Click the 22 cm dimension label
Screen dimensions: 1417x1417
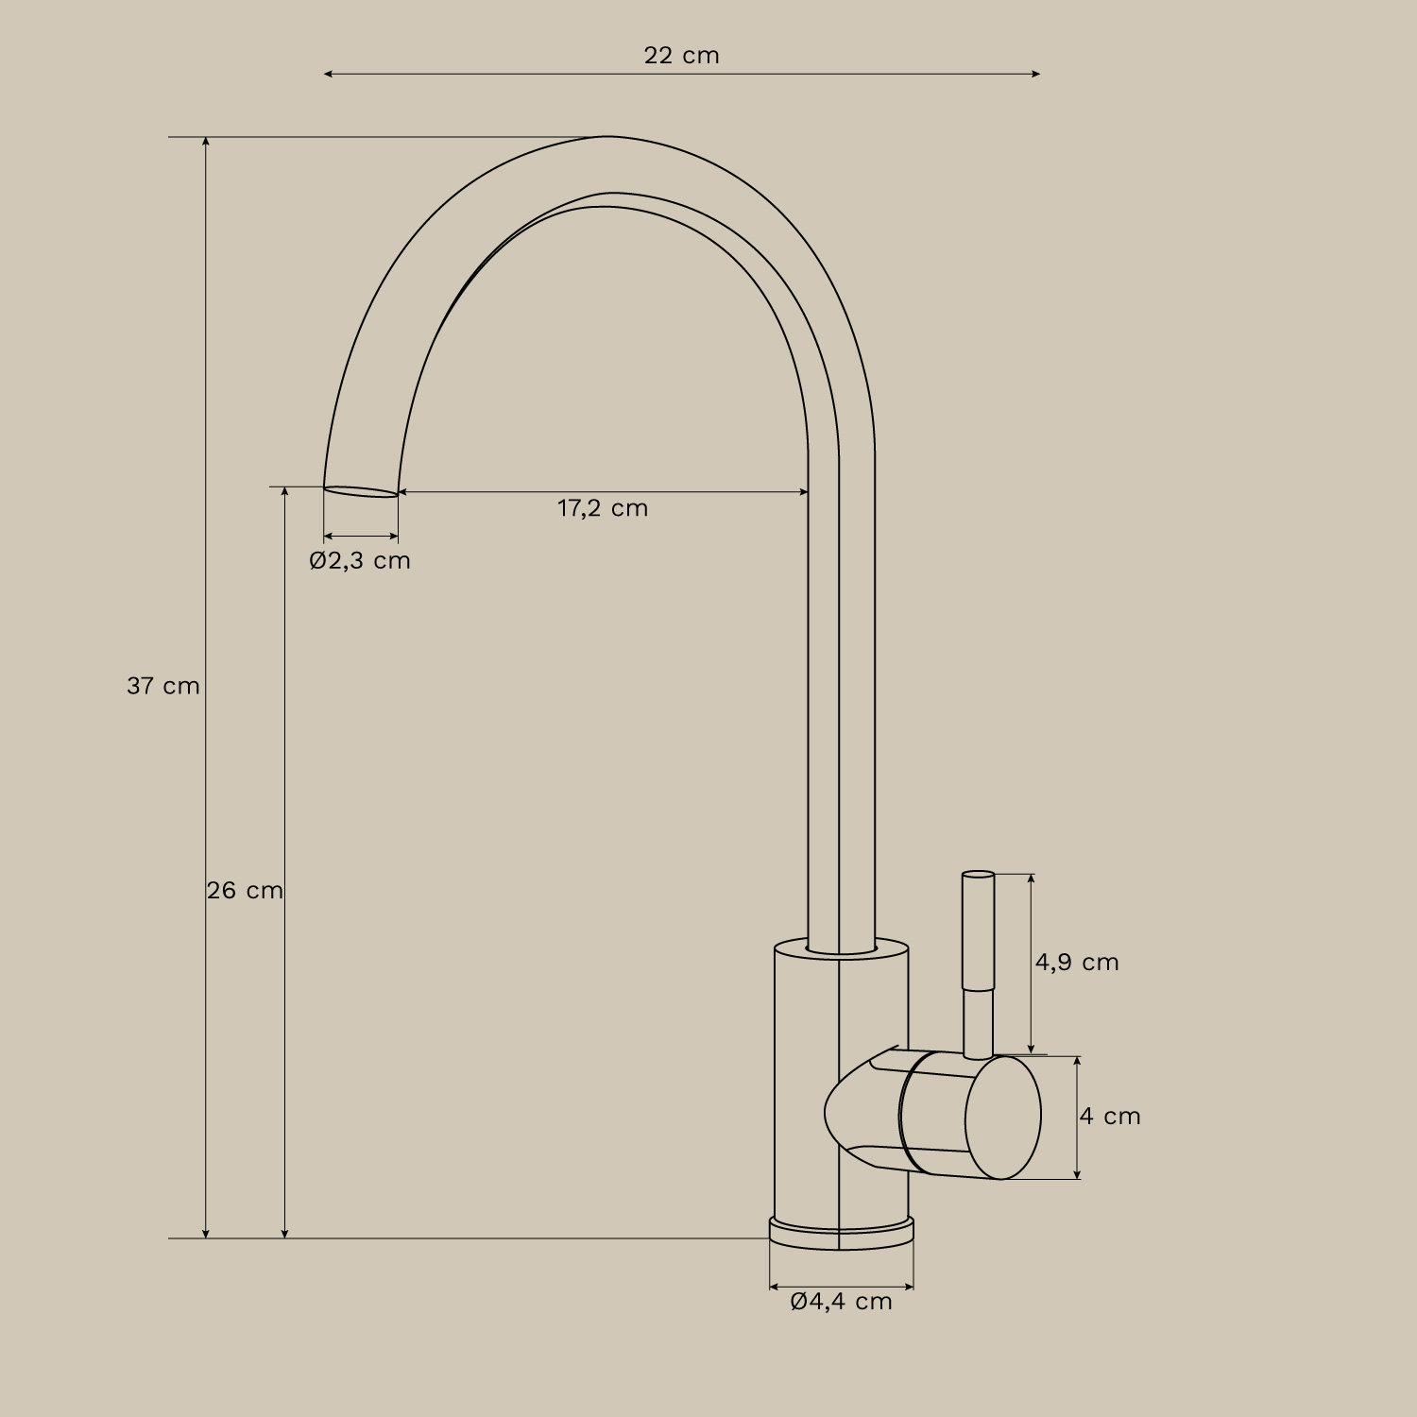click(681, 56)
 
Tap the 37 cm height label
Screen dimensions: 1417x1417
click(163, 686)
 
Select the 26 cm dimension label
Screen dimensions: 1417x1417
click(245, 891)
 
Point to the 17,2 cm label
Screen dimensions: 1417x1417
click(603, 508)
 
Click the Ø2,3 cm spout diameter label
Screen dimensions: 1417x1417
click(360, 560)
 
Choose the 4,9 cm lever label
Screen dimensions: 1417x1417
click(1077, 963)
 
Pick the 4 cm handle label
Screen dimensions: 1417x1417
click(1110, 1117)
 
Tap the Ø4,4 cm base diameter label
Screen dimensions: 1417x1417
click(841, 1302)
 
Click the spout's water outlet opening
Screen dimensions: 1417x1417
click(361, 491)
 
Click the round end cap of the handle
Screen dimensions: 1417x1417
click(1003, 1118)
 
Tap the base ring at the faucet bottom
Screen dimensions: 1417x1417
click(841, 1233)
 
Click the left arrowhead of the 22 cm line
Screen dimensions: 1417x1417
click(328, 74)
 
